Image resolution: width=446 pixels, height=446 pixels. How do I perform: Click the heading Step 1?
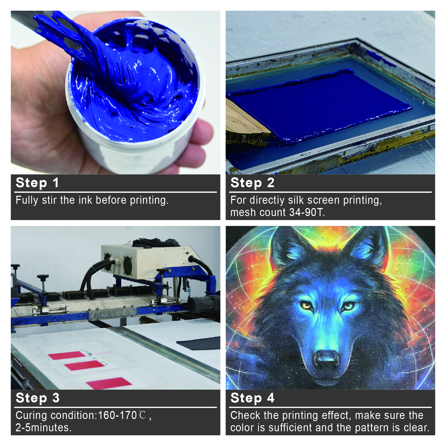click(37, 183)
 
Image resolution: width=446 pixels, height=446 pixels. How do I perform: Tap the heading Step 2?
click(252, 183)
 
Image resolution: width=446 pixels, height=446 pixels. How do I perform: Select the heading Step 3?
click(37, 398)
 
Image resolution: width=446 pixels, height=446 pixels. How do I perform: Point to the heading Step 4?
click(252, 398)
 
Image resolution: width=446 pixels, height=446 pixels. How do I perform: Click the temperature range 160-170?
click(117, 415)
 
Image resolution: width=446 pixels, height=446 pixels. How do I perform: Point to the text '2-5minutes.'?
click(43, 428)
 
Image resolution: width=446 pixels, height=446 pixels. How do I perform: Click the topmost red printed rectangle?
click(67, 355)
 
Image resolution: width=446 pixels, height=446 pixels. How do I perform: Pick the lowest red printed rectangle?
click(109, 383)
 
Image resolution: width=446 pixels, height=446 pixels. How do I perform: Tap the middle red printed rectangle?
click(84, 365)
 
